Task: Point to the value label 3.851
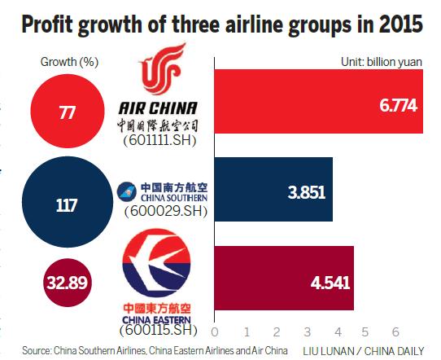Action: [x=306, y=192]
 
